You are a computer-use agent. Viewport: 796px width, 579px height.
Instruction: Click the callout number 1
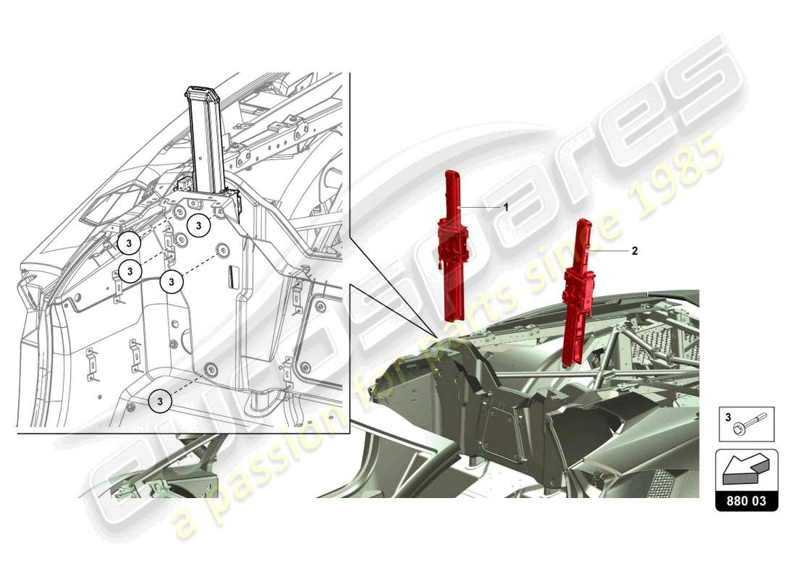(506, 207)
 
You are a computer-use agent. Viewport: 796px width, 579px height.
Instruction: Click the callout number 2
(635, 251)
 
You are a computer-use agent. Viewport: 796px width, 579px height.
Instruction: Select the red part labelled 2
(580, 297)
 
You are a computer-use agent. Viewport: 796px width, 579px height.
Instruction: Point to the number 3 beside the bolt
(728, 418)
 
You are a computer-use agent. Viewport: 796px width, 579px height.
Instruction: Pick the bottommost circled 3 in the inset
(161, 400)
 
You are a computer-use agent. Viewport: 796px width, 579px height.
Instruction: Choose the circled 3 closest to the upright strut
(198, 225)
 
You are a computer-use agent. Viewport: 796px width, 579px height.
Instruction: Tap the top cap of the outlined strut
(200, 94)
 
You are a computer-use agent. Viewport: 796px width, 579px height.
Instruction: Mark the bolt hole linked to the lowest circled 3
(211, 371)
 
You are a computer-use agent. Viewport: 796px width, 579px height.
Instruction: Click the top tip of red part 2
(580, 222)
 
